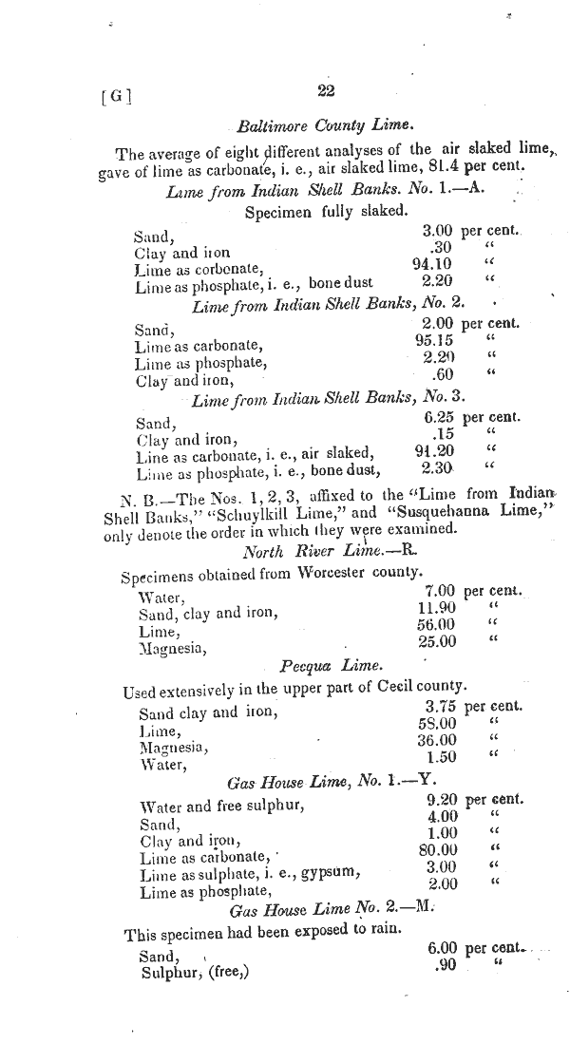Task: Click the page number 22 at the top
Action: pyautogui.click(x=327, y=91)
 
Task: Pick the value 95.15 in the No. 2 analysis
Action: pyautogui.click(x=434, y=340)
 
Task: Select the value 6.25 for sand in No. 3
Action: pyautogui.click(x=437, y=417)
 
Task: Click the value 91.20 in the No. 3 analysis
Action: pyautogui.click(x=436, y=451)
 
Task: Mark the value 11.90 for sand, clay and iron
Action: pyautogui.click(x=437, y=608)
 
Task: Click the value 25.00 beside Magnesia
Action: pyautogui.click(x=437, y=642)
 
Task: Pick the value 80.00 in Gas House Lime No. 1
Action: pyautogui.click(x=438, y=849)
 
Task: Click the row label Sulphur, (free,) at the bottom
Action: pyautogui.click(x=193, y=972)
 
